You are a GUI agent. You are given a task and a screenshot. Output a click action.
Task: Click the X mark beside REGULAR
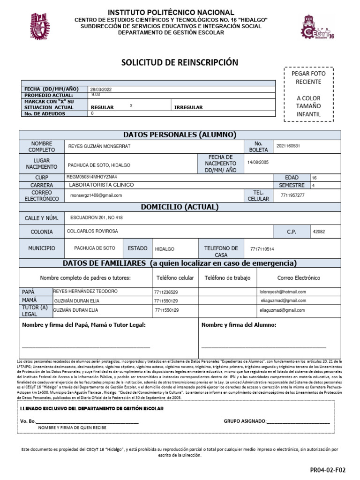point(131,106)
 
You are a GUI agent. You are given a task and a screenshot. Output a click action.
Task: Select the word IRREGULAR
point(188,107)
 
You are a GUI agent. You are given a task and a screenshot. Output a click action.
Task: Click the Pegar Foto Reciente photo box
point(308,94)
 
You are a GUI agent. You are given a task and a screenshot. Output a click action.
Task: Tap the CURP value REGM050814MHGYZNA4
point(92,177)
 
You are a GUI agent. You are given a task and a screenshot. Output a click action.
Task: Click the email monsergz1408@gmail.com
point(96,195)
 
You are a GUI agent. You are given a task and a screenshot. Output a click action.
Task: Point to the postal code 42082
point(319,232)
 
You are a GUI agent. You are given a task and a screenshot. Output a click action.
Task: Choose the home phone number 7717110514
point(262,249)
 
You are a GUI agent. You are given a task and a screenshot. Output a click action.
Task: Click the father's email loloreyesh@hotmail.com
point(283,292)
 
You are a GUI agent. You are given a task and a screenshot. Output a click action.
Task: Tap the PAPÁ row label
point(29,292)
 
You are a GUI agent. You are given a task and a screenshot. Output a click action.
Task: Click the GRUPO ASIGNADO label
point(245,420)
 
